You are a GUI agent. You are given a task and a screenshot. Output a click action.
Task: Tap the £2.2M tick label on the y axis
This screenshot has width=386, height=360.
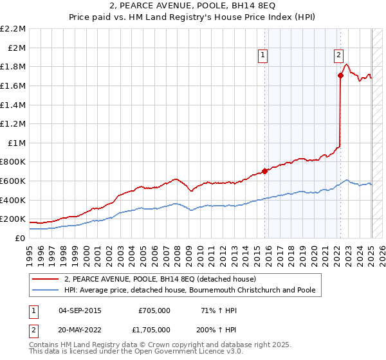pyautogui.click(x=13, y=29)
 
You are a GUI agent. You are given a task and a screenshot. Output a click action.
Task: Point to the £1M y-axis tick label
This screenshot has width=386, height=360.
pyautogui.click(x=16, y=143)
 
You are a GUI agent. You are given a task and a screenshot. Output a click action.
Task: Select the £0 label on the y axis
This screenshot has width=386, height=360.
pyautogui.click(x=21, y=238)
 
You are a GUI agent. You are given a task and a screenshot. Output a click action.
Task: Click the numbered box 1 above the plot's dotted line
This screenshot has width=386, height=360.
pyautogui.click(x=264, y=56)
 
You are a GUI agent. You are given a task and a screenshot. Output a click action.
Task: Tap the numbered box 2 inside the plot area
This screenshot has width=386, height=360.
pyautogui.click(x=338, y=56)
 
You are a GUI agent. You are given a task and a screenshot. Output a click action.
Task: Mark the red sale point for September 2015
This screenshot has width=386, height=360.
pyautogui.click(x=264, y=171)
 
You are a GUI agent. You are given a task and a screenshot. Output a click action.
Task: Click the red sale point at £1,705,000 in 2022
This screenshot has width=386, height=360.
pyautogui.click(x=340, y=76)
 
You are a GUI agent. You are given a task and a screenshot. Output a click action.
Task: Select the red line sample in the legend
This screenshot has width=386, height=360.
pyautogui.click(x=46, y=279)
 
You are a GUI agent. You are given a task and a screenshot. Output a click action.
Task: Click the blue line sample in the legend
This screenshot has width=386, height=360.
pyautogui.click(x=46, y=290)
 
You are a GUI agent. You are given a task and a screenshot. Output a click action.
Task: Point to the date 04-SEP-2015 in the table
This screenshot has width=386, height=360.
pyautogui.click(x=80, y=310)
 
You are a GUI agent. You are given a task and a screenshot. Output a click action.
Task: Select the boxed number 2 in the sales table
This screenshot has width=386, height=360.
pyautogui.click(x=33, y=328)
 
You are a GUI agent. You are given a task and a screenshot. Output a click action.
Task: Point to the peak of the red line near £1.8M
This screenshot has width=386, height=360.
pyautogui.click(x=346, y=64)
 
